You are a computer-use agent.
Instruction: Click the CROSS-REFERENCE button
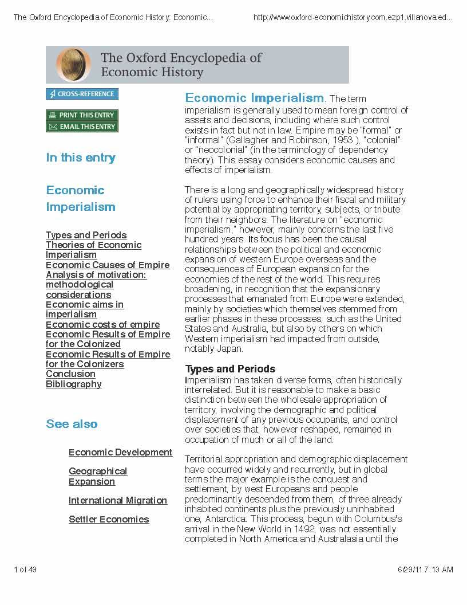point(82,94)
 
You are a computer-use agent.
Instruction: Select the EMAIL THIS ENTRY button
point(82,127)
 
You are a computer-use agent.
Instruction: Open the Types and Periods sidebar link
point(86,235)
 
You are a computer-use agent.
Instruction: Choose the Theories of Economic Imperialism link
point(93,250)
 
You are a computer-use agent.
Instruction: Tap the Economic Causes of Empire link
point(108,265)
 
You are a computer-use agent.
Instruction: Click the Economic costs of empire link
point(102,325)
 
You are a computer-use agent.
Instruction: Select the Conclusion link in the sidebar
point(70,374)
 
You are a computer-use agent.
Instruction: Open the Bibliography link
point(73,384)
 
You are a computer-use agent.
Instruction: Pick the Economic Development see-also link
point(120,453)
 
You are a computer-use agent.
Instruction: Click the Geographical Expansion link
point(98,476)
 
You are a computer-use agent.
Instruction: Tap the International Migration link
point(118,501)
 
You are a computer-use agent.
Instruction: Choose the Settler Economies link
point(109,520)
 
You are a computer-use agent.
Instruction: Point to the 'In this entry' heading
point(81,158)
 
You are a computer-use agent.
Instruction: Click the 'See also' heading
point(72,425)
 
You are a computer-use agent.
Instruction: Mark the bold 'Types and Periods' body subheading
point(230,369)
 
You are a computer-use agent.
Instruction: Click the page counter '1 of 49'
point(25,569)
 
